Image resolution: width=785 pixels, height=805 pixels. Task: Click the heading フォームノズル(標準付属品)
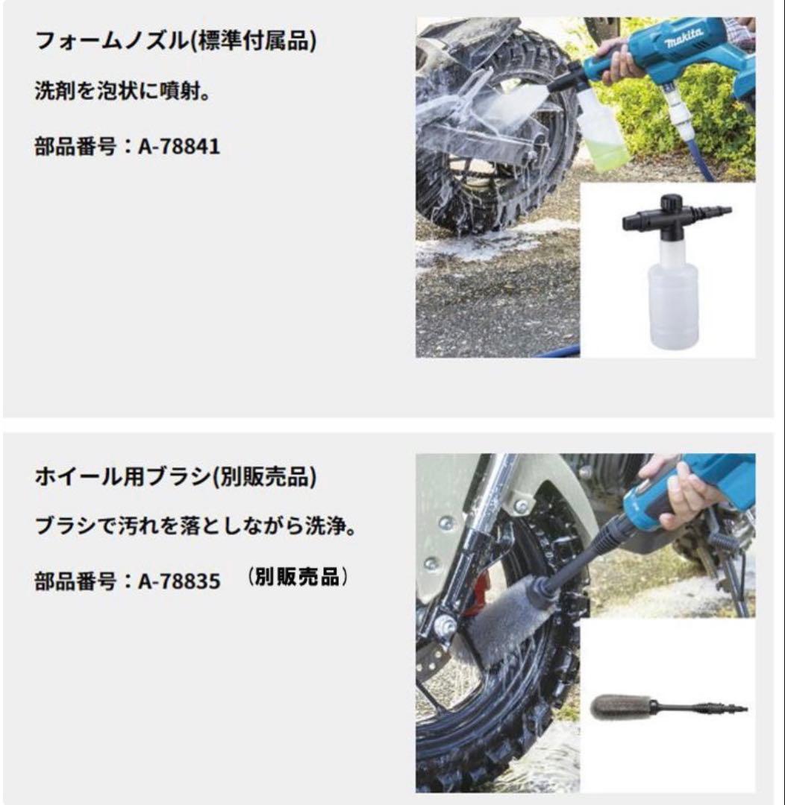point(175,41)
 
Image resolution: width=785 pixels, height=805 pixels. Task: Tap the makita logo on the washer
point(681,37)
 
